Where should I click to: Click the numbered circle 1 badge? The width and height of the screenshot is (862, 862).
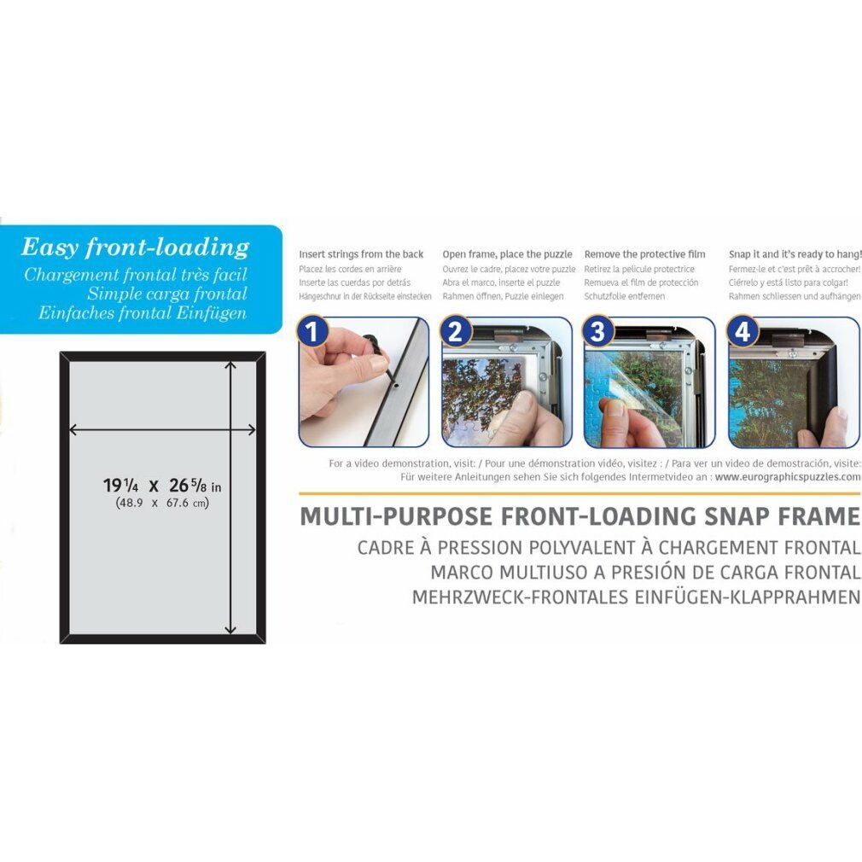pos(312,331)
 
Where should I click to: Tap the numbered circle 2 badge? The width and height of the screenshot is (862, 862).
pos(456,331)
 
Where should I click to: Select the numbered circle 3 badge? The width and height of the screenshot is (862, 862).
pos(598,331)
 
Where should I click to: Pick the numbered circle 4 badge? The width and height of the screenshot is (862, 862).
pos(743,331)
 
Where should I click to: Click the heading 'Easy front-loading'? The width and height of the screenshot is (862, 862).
pos(135,248)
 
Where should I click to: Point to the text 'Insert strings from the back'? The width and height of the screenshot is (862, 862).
pos(361,254)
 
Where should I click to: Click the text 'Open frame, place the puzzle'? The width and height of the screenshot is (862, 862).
pos(508,254)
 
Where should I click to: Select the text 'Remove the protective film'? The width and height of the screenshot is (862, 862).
pos(645,254)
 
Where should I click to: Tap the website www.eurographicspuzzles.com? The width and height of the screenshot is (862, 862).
pos(788,476)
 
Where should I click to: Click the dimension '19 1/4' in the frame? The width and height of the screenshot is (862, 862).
pos(121,486)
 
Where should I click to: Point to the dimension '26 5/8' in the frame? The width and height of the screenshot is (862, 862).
pos(188,485)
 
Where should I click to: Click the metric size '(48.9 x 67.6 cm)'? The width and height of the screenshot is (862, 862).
pos(162,503)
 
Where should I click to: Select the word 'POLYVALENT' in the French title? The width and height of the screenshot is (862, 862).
pos(580,548)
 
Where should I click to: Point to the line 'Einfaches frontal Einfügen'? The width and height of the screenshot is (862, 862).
pos(143,313)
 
